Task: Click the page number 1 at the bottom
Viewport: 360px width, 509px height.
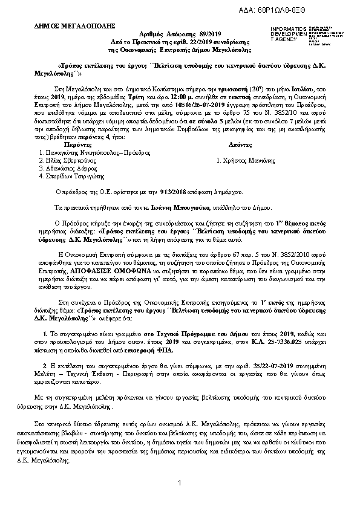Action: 180,482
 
